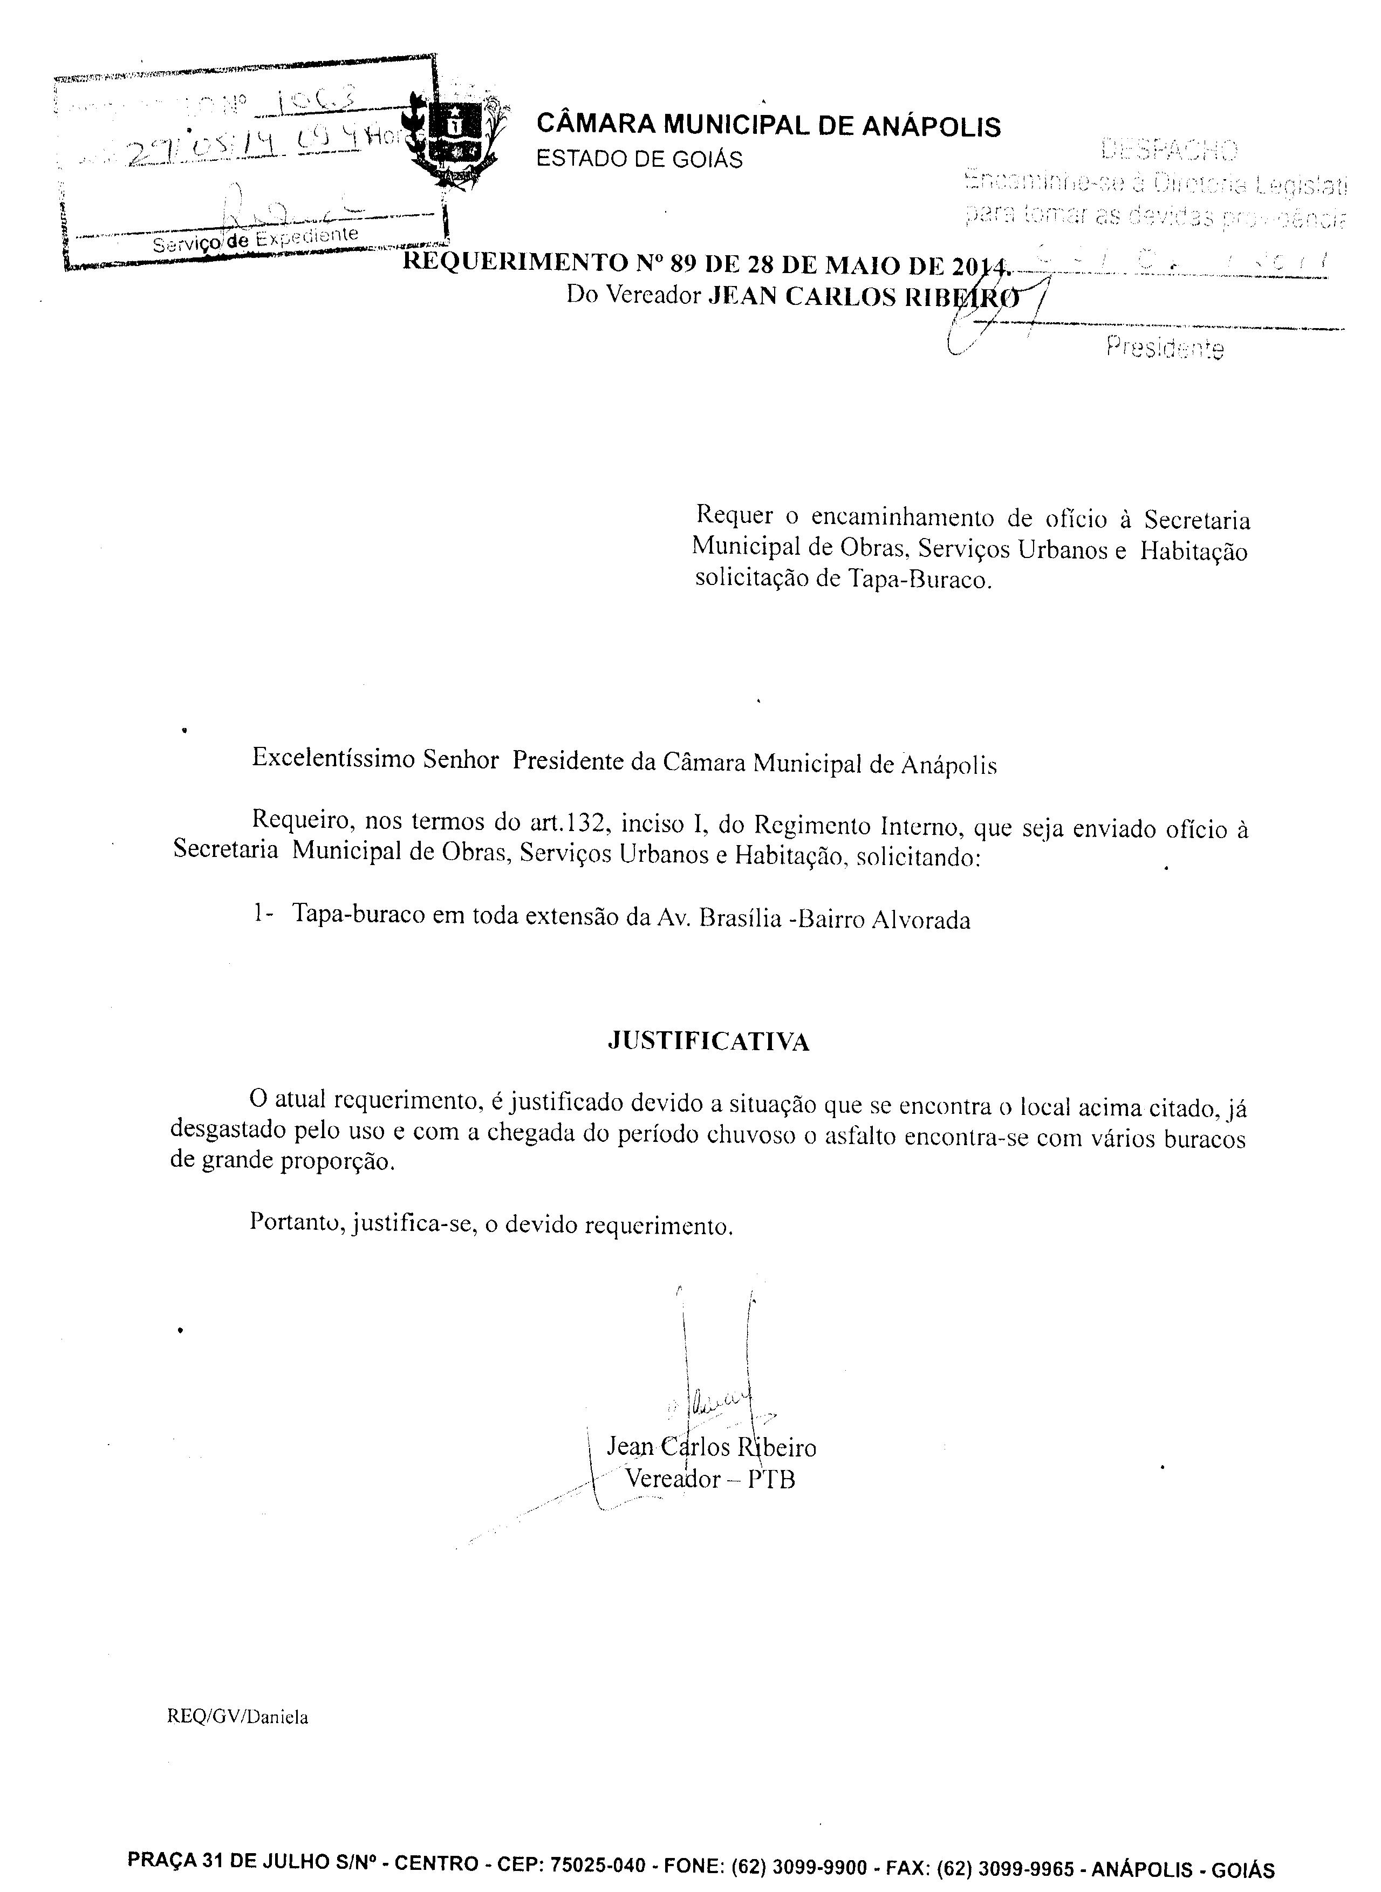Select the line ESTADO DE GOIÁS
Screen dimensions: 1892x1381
click(x=639, y=159)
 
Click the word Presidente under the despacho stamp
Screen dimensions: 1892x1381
click(x=1165, y=347)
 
